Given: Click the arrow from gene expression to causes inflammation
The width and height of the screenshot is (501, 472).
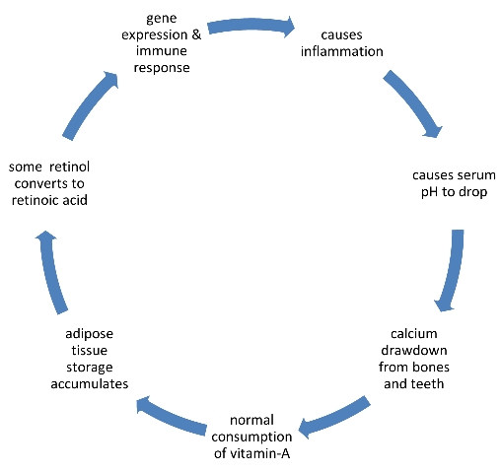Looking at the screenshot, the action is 251,26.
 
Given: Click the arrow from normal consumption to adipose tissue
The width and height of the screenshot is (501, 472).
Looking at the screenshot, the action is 171,416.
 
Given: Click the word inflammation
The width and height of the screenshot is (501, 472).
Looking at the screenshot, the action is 342,51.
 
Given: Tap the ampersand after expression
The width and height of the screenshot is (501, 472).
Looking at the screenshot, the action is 196,34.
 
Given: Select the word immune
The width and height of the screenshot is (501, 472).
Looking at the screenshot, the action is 162,51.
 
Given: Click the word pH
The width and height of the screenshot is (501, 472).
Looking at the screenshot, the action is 430,192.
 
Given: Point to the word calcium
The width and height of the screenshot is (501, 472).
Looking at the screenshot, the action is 414,334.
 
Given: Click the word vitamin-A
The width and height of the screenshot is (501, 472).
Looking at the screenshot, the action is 259,453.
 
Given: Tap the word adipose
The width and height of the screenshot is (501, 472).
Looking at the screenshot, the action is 90,334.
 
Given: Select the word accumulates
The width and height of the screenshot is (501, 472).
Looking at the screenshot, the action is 90,383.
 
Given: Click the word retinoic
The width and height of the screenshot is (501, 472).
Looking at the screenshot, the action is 34,200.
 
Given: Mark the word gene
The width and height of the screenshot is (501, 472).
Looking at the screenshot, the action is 162,19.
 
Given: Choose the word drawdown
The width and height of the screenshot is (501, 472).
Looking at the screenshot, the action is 414,351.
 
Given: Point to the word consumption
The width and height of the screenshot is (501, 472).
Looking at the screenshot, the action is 251,438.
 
